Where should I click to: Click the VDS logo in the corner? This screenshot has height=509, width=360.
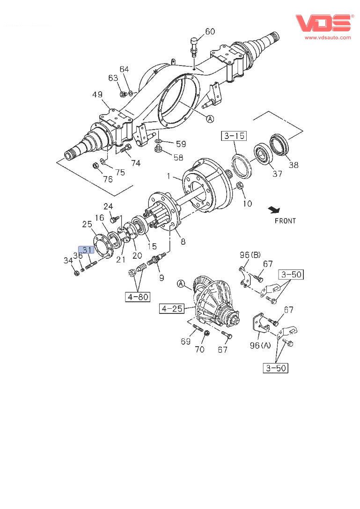[x=323, y=22]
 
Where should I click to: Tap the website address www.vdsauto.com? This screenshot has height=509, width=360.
[x=328, y=37]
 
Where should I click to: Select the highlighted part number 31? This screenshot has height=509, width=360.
[x=87, y=249]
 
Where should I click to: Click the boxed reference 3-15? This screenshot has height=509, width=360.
[x=234, y=137]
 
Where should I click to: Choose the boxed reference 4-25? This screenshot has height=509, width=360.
[x=171, y=308]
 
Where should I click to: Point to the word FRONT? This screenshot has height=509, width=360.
[x=285, y=220]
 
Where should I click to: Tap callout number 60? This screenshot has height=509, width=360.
[x=210, y=32]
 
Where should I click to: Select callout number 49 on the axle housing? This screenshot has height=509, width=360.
[x=97, y=95]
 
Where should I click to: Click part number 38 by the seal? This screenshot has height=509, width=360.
[x=293, y=165]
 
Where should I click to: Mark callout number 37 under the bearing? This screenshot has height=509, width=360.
[x=277, y=174]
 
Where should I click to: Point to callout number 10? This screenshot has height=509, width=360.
[x=247, y=203]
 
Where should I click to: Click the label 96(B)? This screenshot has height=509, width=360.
[x=250, y=255]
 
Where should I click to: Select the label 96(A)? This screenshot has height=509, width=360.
[x=260, y=346]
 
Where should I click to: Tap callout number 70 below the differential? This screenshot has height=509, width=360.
[x=199, y=349]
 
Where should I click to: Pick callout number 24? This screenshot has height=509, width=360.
[x=108, y=206]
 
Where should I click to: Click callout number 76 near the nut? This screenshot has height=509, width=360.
[x=108, y=179]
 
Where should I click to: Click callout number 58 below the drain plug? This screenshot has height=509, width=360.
[x=178, y=157]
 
